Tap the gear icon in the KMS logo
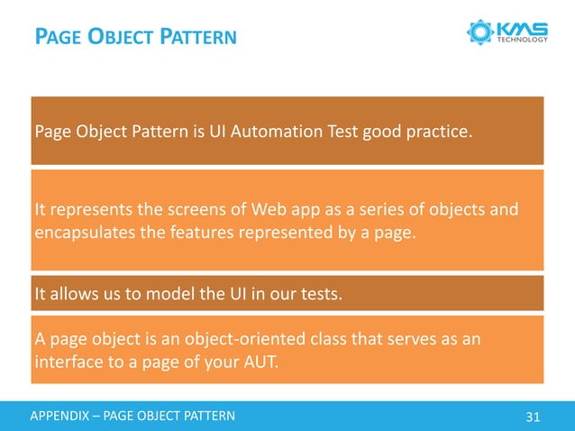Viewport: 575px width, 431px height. coord(480,32)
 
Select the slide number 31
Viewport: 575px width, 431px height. coord(532,417)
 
